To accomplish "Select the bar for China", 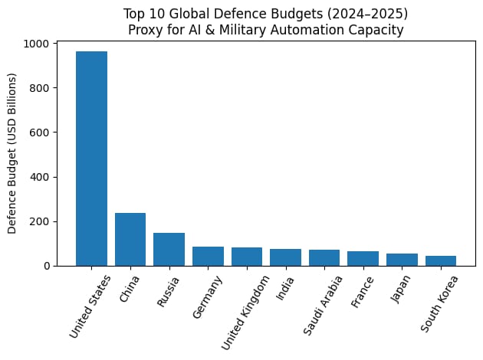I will [130, 239].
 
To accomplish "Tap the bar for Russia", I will [169, 249].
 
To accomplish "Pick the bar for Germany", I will [208, 256].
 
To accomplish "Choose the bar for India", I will [285, 257].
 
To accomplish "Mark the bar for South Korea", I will [440, 260].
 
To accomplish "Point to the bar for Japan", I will [402, 260].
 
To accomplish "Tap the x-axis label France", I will [361, 292].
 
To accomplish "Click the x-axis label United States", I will [90, 306].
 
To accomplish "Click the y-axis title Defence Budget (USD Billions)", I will [13, 153].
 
